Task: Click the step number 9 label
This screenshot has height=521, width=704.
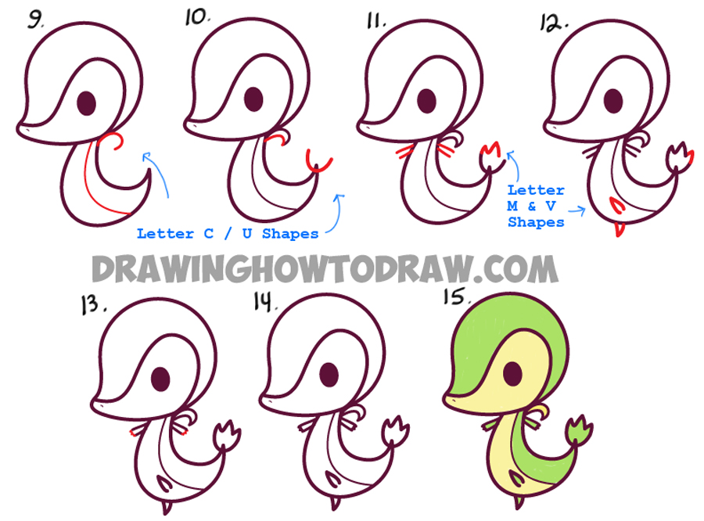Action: point(35,20)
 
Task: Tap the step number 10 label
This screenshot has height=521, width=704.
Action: point(197,17)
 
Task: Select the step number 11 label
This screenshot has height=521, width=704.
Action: point(375,20)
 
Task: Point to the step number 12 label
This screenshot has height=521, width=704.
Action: point(553,23)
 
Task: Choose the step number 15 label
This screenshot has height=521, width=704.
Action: point(456,297)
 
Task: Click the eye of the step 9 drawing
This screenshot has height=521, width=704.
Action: point(87,103)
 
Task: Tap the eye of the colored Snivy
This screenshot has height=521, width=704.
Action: point(512,373)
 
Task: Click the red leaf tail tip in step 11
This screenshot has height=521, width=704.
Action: point(490,149)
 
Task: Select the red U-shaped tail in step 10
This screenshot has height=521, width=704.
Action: point(318,161)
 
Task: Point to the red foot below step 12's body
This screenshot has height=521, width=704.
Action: point(620,229)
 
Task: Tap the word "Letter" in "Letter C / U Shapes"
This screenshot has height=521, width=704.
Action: point(165,234)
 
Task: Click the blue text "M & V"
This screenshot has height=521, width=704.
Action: point(532,207)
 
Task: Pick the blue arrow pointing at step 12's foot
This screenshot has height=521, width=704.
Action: point(577,210)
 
